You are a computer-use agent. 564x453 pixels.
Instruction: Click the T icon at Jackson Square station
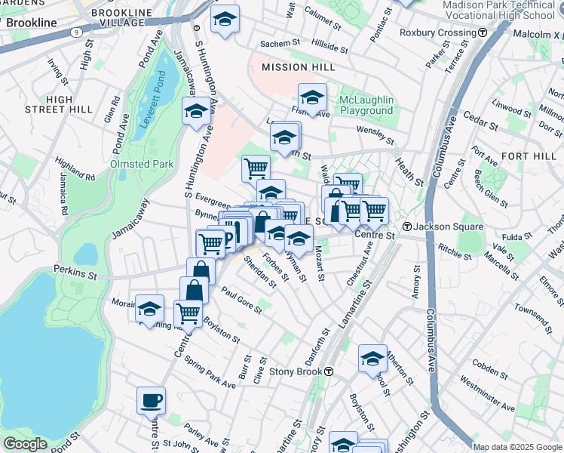point(406,227)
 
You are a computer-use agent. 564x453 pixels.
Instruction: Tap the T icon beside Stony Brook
point(329,371)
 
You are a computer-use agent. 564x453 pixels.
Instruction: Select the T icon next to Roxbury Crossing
point(482,32)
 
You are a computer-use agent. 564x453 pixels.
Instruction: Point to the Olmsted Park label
point(142,164)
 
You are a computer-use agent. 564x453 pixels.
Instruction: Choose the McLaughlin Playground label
point(366,105)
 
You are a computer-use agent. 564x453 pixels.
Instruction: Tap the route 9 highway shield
point(76,32)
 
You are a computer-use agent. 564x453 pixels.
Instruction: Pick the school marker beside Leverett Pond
point(196,111)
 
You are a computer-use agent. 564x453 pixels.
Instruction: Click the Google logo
point(25,444)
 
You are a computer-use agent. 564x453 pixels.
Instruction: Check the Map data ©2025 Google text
point(516,447)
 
